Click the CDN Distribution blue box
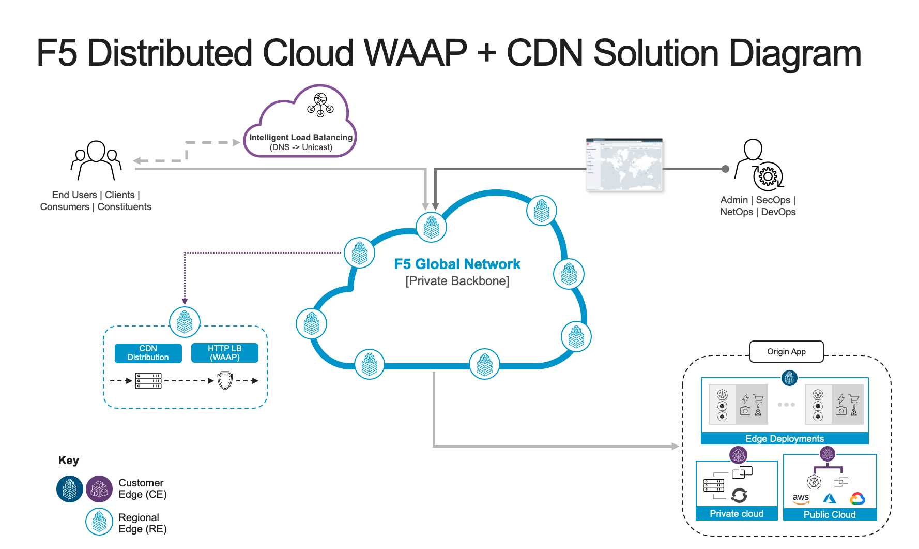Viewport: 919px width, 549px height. click(x=148, y=353)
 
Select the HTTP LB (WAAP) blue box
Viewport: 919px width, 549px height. click(x=224, y=353)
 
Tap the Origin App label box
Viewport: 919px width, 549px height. click(x=786, y=352)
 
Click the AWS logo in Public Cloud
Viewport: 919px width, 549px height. click(x=801, y=498)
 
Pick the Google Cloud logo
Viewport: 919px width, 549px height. click(x=857, y=498)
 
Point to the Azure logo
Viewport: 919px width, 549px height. click(x=830, y=498)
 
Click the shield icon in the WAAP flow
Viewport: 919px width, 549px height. click(x=225, y=380)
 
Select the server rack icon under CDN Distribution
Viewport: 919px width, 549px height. click(x=148, y=381)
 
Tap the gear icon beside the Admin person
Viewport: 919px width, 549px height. click(x=768, y=176)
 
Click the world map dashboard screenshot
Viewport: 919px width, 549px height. click(x=624, y=165)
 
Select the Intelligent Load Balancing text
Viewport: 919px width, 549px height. click(x=301, y=137)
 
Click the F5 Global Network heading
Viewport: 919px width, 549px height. click(x=457, y=264)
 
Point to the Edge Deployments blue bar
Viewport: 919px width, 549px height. click(x=784, y=439)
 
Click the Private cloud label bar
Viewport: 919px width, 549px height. click(x=737, y=513)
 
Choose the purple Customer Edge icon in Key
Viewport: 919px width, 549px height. click(x=99, y=489)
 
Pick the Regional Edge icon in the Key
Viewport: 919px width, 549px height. click(x=99, y=522)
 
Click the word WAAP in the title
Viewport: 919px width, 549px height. click(x=415, y=53)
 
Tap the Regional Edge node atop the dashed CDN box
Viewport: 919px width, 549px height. click(x=185, y=322)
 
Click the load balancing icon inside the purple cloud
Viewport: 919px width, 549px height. click(x=320, y=105)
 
